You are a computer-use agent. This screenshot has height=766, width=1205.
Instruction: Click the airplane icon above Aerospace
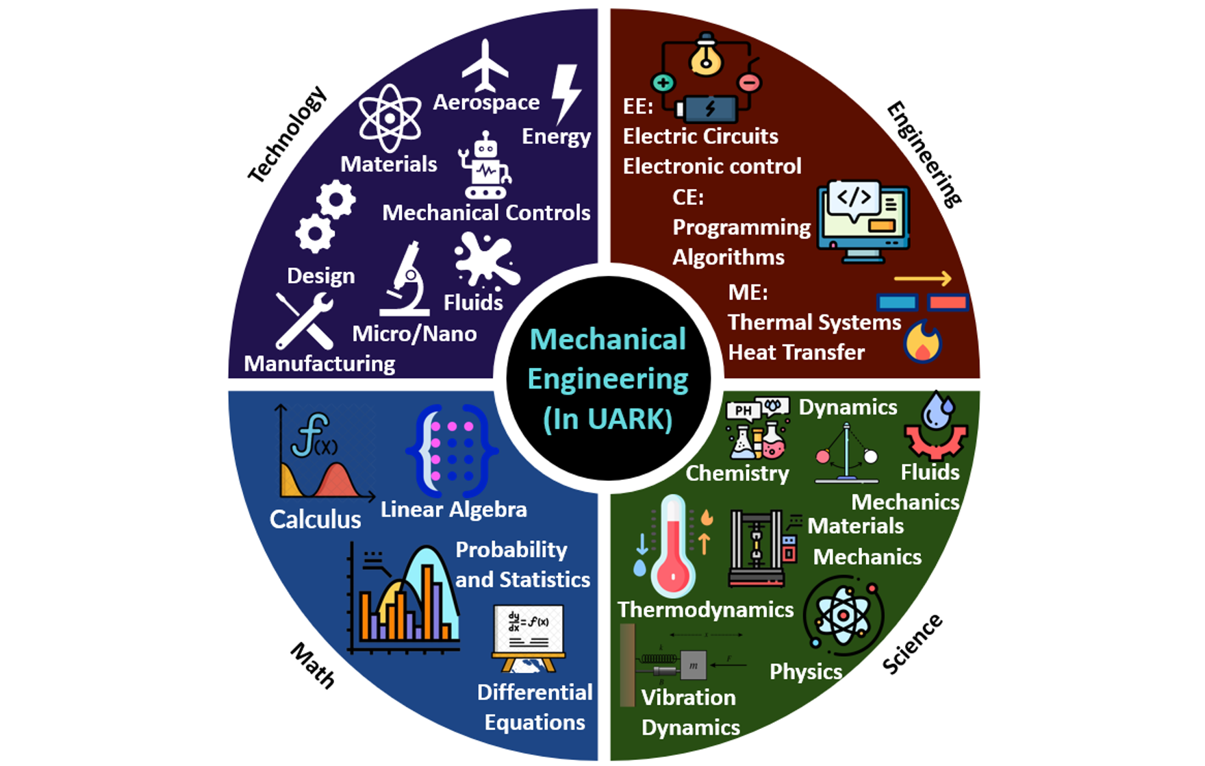485,66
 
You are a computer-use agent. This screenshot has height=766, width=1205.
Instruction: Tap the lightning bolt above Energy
567,94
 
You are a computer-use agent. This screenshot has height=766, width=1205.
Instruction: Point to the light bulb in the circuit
706,55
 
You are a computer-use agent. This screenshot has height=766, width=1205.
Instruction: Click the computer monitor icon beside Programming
864,222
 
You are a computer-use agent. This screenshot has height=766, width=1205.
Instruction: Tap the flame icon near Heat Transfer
923,341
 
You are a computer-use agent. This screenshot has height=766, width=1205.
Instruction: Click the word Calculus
316,519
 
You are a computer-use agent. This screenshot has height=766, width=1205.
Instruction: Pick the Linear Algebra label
454,510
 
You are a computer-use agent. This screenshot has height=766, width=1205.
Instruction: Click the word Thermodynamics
706,610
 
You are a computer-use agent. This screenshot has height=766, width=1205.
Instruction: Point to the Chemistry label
737,473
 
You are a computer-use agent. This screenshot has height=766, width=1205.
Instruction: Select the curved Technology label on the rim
288,134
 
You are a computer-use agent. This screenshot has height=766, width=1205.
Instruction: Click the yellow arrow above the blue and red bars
923,278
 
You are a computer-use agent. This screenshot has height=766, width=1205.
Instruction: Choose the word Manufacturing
320,364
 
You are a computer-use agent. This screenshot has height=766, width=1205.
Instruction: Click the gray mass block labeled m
693,665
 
